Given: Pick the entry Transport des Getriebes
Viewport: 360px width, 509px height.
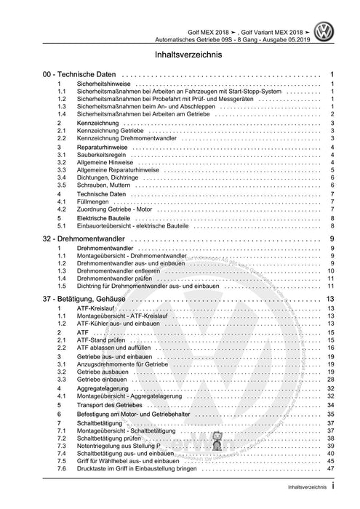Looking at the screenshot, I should pyautogui.click(x=112, y=404).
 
